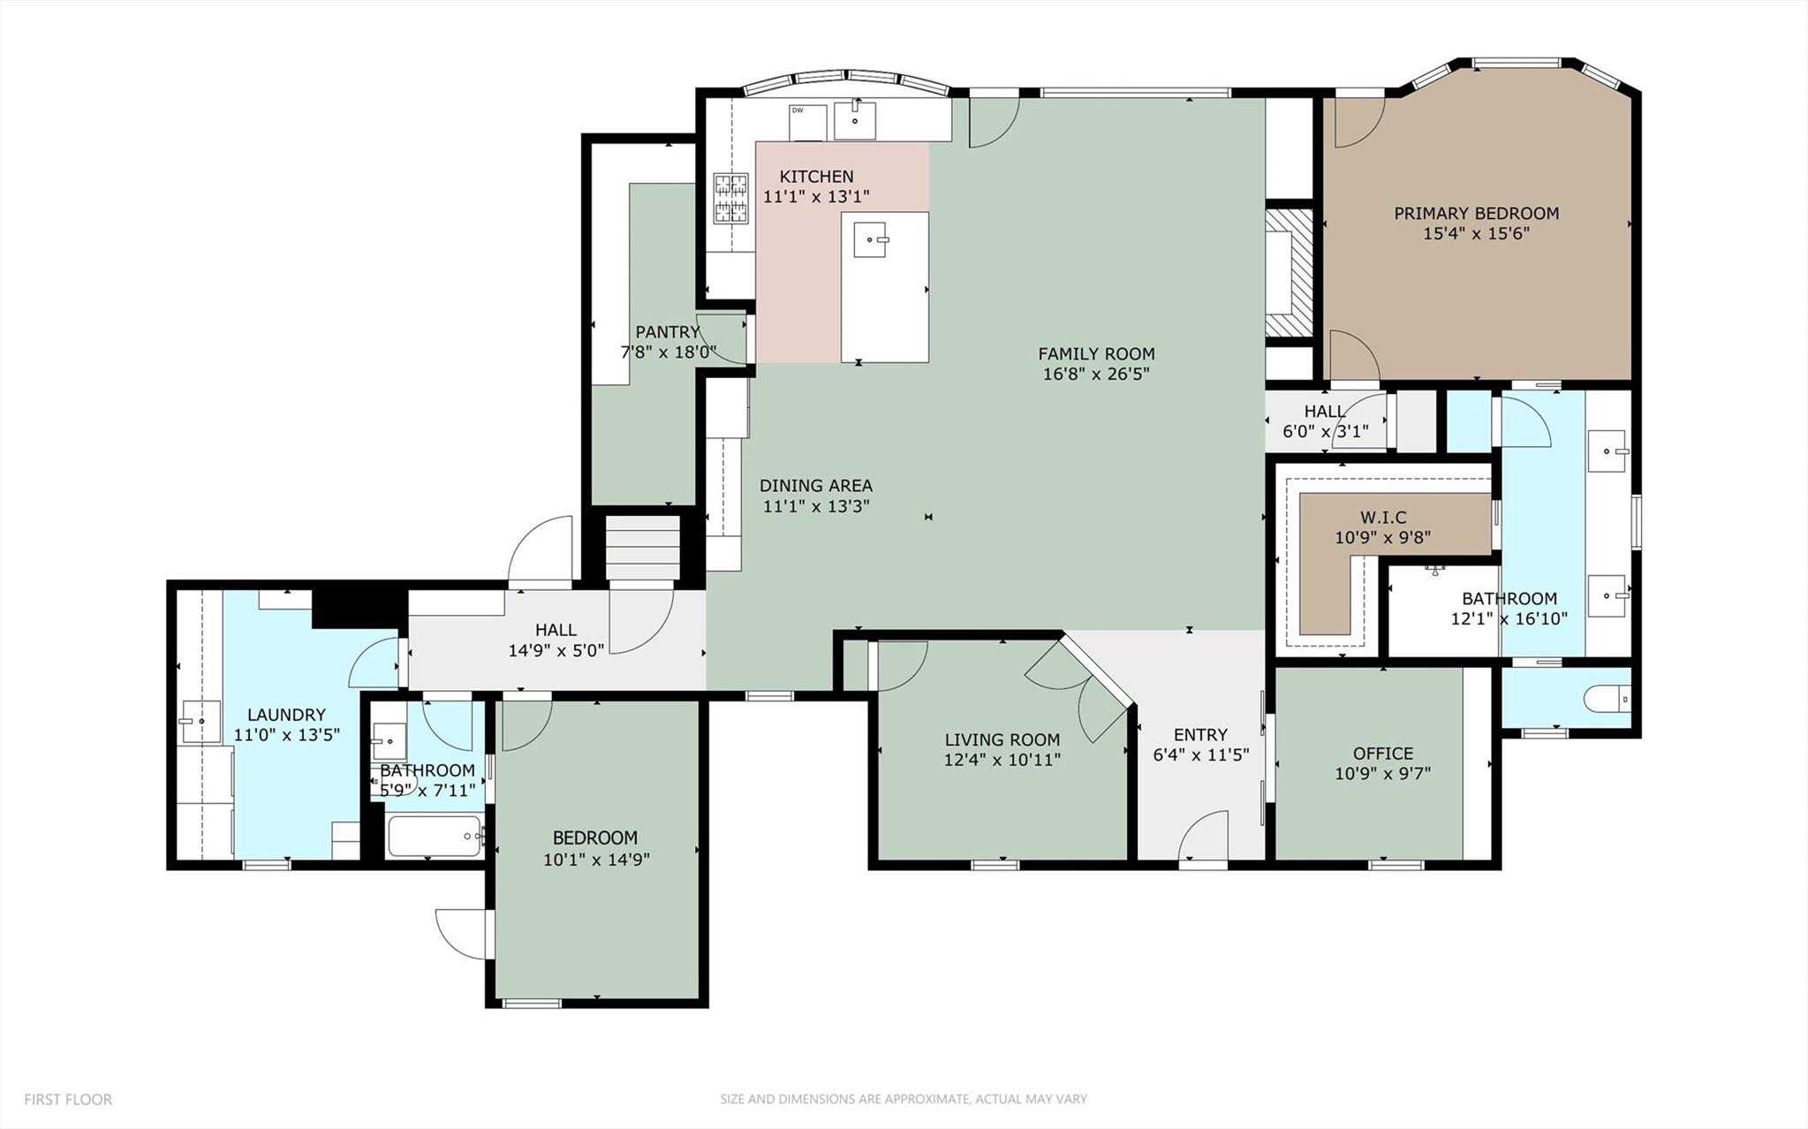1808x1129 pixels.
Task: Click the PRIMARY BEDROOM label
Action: coord(1476,213)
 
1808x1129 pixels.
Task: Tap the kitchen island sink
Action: coord(871,239)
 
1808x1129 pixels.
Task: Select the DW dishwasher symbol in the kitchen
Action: coord(807,122)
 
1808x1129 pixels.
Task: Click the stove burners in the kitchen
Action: coord(730,198)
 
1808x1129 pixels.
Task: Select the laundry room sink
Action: coord(200,722)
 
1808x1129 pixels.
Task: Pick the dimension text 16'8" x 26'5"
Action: coord(1095,375)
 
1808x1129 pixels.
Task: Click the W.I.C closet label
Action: coord(1382,517)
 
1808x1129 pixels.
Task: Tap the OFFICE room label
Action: coord(1382,753)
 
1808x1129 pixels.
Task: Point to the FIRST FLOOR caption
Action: coord(68,1099)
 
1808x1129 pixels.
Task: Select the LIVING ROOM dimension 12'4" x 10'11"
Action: coord(1002,760)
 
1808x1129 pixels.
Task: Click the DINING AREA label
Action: coord(815,485)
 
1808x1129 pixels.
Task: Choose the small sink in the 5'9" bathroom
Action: coord(388,736)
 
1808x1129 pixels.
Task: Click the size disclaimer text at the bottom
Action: coord(903,1099)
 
